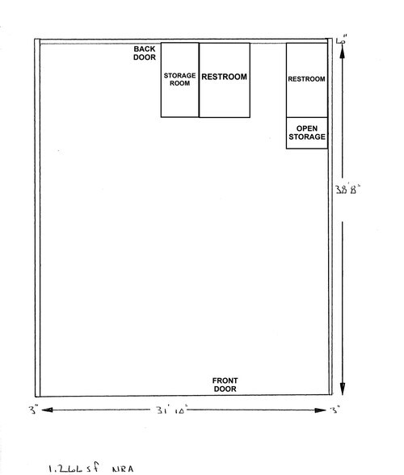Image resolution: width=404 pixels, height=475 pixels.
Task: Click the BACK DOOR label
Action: pos(145,53)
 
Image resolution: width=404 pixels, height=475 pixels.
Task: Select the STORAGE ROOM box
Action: pos(179,80)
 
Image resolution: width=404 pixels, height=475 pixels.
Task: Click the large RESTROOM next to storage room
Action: pos(225,80)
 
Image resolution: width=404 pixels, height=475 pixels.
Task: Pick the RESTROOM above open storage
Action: pos(306,79)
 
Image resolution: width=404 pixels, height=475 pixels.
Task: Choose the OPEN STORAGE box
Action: pos(306,133)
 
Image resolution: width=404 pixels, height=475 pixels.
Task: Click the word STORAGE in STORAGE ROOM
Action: pos(179,75)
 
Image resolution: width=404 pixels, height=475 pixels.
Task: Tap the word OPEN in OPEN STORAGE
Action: pos(306,128)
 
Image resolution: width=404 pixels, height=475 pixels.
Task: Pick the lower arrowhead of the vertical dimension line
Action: pos(343,391)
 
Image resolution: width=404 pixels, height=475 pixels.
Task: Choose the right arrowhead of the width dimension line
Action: pos(322,410)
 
